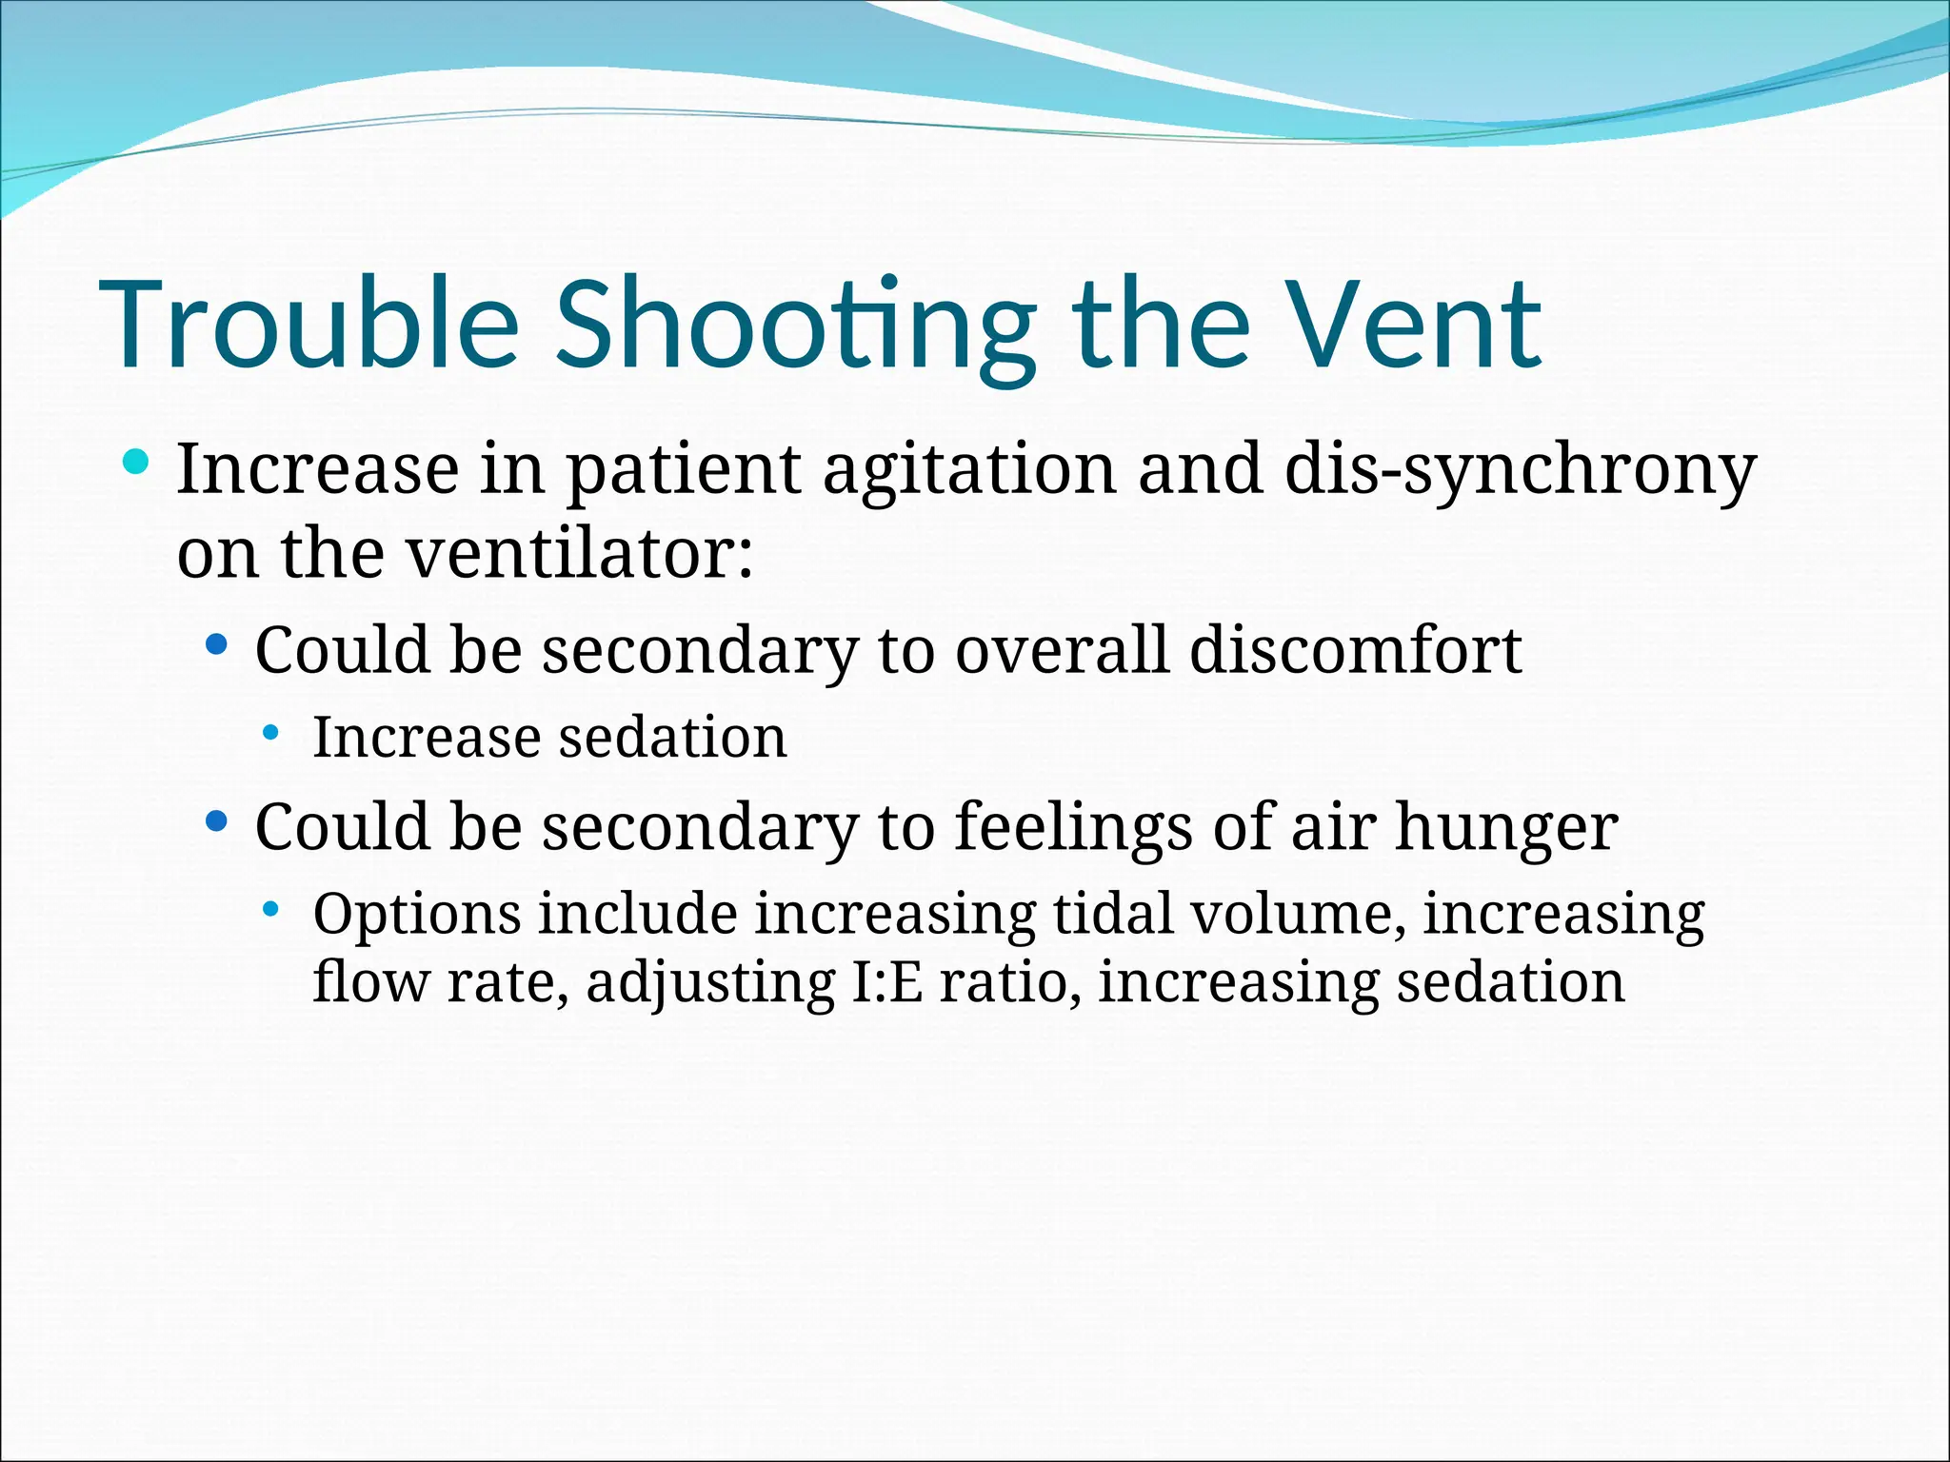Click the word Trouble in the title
[x=308, y=325]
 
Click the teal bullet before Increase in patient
[x=137, y=464]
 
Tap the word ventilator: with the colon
[x=581, y=554]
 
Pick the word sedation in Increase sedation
[x=672, y=738]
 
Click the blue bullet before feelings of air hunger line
[x=217, y=820]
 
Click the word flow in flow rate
[x=370, y=982]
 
